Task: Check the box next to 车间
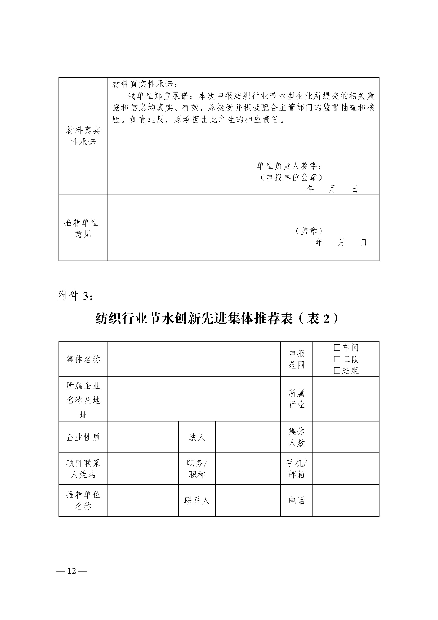337,347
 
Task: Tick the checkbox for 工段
337,359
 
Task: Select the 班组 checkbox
337,371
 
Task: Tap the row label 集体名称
83,359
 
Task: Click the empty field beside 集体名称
194,359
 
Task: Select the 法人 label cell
197,437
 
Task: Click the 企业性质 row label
83,437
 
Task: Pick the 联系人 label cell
197,501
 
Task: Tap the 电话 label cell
296,501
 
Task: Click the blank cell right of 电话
346,501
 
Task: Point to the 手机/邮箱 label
296,469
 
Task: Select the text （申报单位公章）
291,177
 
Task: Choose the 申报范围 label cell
296,359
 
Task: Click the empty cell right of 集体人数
346,437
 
